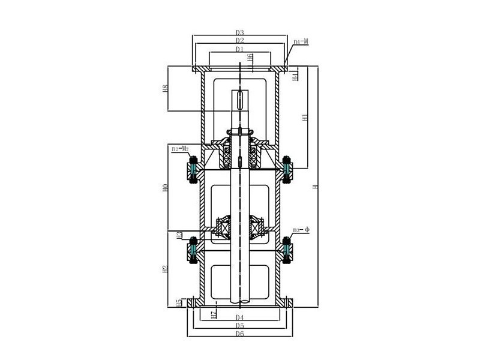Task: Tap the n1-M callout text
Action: point(301,42)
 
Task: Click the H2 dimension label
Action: point(165,269)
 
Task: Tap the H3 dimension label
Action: point(179,236)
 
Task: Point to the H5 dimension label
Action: point(179,302)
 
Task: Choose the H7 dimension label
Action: point(214,314)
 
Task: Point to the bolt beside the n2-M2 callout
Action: point(193,168)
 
